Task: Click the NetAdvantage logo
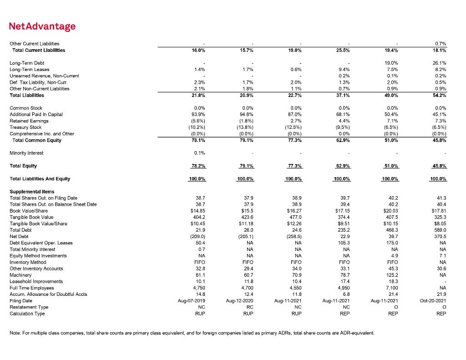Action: click(x=42, y=26)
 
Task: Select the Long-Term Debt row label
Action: click(x=23, y=63)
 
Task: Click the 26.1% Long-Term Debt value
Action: click(x=440, y=63)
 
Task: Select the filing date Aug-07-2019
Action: click(x=193, y=300)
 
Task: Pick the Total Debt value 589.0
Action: click(x=440, y=230)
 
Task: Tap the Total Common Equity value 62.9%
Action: click(x=341, y=140)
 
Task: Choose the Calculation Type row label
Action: click(x=27, y=313)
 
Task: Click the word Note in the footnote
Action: click(x=15, y=333)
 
